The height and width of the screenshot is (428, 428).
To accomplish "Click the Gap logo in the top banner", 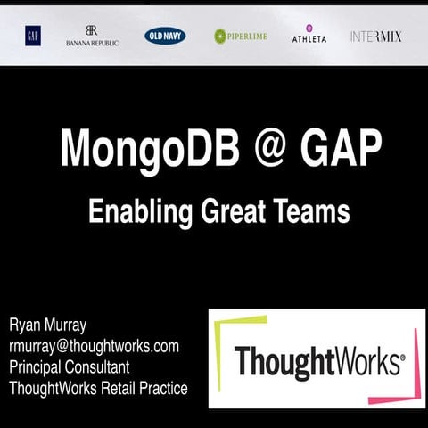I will (33, 36).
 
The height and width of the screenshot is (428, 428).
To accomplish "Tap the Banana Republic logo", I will (92, 36).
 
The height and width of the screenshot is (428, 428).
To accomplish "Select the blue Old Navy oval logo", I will (165, 36).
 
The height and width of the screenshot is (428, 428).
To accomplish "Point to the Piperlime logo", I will (240, 36).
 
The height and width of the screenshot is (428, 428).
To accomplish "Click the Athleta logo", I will (309, 35).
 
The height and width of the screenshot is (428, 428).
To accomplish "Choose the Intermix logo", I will (375, 37).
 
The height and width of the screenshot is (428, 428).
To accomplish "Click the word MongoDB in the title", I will (151, 147).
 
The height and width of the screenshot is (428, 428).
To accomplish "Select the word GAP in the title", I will (343, 147).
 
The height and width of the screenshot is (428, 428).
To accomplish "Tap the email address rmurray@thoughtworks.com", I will (95, 345).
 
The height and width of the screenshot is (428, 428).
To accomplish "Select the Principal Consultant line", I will (69, 366).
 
